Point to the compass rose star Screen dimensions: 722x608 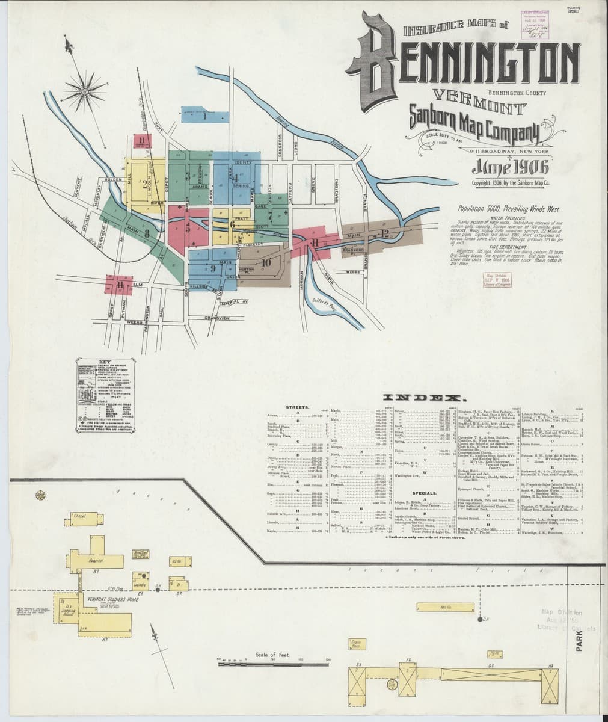(84, 90)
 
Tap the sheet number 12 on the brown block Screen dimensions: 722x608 (385, 233)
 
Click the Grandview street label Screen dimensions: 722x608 (217, 318)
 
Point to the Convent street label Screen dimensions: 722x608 (78, 188)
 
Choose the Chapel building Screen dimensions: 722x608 (80, 516)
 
